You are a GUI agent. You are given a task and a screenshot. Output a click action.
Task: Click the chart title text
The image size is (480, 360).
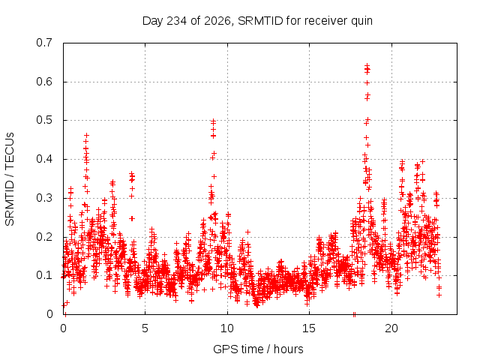coord(257,21)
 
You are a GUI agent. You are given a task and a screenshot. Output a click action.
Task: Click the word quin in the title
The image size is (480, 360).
coord(361,22)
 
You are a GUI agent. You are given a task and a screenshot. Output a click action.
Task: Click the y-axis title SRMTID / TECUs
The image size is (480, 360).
coord(10,179)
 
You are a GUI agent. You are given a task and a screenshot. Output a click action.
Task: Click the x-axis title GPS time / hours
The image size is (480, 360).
coord(258,349)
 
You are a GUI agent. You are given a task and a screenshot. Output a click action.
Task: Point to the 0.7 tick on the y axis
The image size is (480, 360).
coord(44,43)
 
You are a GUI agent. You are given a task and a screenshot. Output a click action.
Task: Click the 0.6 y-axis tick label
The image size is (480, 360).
coord(44,82)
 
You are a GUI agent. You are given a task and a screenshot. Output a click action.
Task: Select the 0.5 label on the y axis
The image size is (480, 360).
coord(44,120)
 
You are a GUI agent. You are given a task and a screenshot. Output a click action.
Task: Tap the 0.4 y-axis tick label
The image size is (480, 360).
coord(44,159)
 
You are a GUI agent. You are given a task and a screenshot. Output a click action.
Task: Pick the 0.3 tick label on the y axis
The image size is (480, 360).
coord(44,198)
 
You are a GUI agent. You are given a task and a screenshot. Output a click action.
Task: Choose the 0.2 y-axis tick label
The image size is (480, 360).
coord(44,237)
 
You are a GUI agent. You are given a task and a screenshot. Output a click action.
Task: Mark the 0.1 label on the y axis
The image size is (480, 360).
coord(44,275)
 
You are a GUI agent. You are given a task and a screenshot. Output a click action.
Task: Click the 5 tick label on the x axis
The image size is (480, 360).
coord(145,328)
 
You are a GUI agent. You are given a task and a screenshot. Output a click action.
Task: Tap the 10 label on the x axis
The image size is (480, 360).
coord(227,328)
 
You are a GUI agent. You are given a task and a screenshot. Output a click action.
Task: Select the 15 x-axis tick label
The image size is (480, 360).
coord(309,328)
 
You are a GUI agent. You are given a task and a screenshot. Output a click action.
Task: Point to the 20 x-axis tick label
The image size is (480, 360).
coord(391,328)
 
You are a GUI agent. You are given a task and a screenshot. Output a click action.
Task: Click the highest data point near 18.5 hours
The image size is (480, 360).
coord(367,65)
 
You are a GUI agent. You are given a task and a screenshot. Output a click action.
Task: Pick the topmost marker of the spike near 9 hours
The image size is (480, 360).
coord(213,121)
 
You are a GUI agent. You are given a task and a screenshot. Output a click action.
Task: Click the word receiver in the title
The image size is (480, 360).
coord(326,21)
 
